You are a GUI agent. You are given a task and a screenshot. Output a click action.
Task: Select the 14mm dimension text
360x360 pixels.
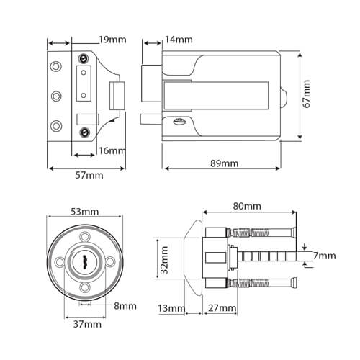click(179, 38)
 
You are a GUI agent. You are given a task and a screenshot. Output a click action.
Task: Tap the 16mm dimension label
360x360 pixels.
click(112, 150)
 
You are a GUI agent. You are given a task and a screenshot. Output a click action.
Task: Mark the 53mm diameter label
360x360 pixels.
click(85, 211)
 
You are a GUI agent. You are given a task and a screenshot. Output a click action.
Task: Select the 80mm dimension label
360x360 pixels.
click(247, 206)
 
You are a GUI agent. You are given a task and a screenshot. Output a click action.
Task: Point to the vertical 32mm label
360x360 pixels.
click(164, 260)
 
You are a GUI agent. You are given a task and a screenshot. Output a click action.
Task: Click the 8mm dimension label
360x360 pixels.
click(125, 306)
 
